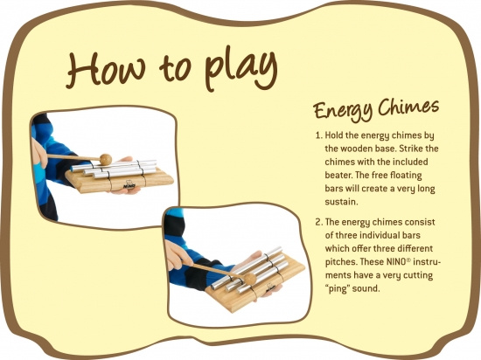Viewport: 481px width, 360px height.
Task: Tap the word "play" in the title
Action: pyautogui.click(x=241, y=70)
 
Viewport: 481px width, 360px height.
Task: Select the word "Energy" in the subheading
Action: pyautogui.click(x=343, y=111)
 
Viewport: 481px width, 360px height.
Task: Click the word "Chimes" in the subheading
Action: pyautogui.click(x=408, y=107)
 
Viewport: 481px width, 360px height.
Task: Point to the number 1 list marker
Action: pyautogui.click(x=318, y=135)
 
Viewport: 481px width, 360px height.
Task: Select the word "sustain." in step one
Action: pyautogui.click(x=341, y=202)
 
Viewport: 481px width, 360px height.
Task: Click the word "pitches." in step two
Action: pyautogui.click(x=341, y=262)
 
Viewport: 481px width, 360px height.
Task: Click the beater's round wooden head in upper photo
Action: pyautogui.click(x=106, y=159)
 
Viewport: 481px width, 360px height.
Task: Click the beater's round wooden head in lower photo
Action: pyautogui.click(x=250, y=278)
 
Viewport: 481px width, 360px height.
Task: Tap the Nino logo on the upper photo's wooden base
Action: pyautogui.click(x=129, y=185)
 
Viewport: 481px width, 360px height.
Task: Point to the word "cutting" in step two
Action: pyautogui.click(x=418, y=275)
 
